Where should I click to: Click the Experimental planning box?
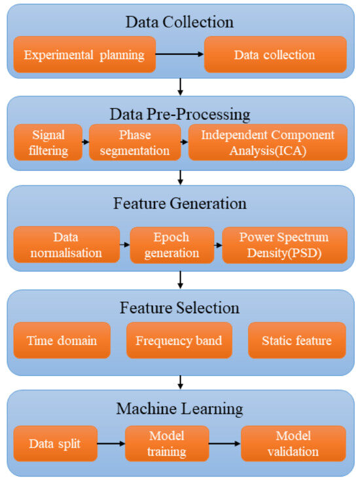point(84,54)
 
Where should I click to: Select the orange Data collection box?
point(275,54)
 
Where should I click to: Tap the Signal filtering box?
point(48,142)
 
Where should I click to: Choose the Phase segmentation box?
point(135,142)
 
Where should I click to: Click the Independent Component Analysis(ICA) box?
point(267,142)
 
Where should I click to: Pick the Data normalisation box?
point(67,244)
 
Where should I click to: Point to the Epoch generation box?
point(171,244)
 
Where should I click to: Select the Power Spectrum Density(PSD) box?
point(285,244)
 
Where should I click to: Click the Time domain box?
point(62,340)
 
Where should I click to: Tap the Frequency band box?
point(179,340)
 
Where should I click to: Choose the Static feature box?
point(297,340)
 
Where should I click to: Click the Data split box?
point(56,443)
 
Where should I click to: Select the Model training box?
point(167,443)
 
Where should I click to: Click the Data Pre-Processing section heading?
point(180,114)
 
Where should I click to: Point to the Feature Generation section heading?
point(180,204)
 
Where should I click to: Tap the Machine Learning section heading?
point(180,409)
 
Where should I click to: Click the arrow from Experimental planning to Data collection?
point(180,54)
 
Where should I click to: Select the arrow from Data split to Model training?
point(111,443)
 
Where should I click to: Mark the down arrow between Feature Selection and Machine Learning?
point(180,382)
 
